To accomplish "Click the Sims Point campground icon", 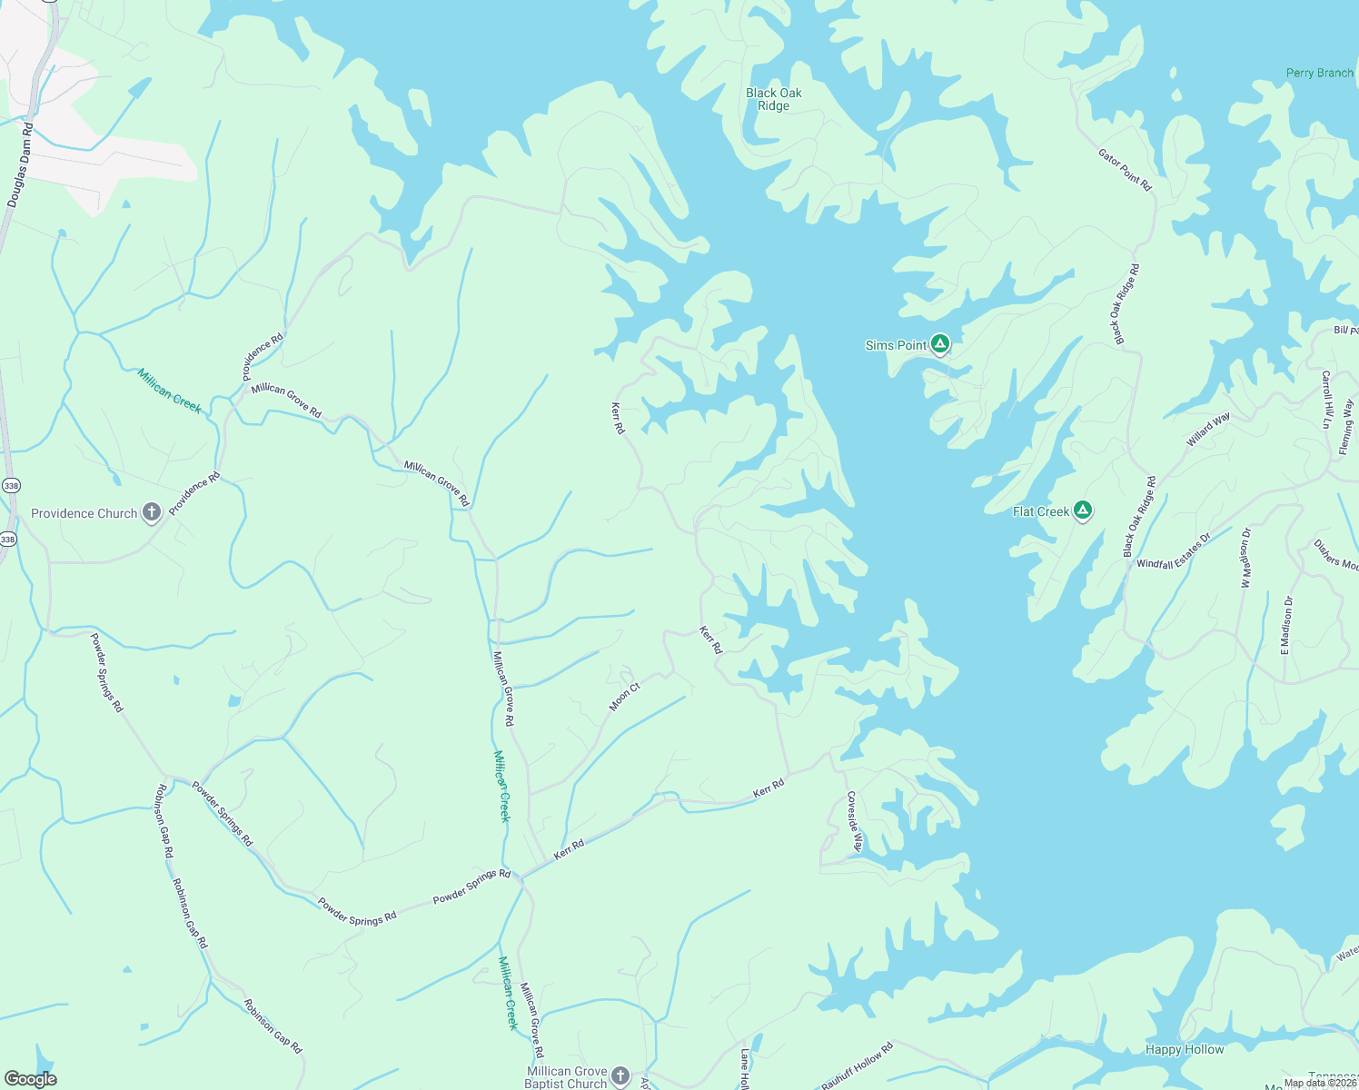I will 940,344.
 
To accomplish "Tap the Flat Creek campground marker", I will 1082,510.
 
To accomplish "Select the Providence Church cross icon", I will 152,512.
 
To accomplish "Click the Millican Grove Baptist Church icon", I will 620,1076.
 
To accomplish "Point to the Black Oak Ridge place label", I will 774,99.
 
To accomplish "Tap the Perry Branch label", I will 1319,73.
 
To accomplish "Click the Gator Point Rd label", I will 1125,169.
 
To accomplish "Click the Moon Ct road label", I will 625,697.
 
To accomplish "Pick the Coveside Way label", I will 854,821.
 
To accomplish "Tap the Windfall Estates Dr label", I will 1174,551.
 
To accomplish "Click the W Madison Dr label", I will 1245,557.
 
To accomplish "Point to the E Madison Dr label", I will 1286,626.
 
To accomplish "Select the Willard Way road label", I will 1208,430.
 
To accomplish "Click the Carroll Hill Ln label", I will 1326,400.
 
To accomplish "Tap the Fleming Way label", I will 1346,427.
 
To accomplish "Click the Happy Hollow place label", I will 1185,1049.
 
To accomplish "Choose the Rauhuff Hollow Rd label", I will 858,1066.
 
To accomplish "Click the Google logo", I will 30,1078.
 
